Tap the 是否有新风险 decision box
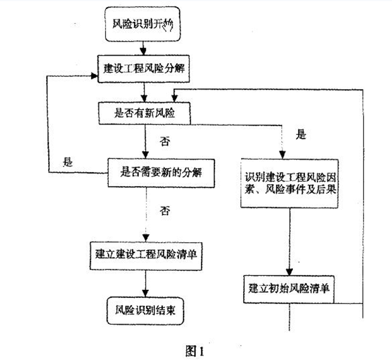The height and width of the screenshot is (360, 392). click(x=145, y=112)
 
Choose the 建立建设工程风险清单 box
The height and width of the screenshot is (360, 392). click(x=145, y=253)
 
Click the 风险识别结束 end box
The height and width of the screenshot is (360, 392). click(x=145, y=310)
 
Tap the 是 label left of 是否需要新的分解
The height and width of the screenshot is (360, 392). click(x=67, y=161)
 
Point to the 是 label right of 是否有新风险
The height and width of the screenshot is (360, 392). click(x=301, y=135)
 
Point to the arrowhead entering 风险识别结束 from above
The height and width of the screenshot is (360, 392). click(x=145, y=293)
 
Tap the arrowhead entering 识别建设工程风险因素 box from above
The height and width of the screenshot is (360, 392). click(x=282, y=155)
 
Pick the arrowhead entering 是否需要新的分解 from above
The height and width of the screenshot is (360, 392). click(x=145, y=154)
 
